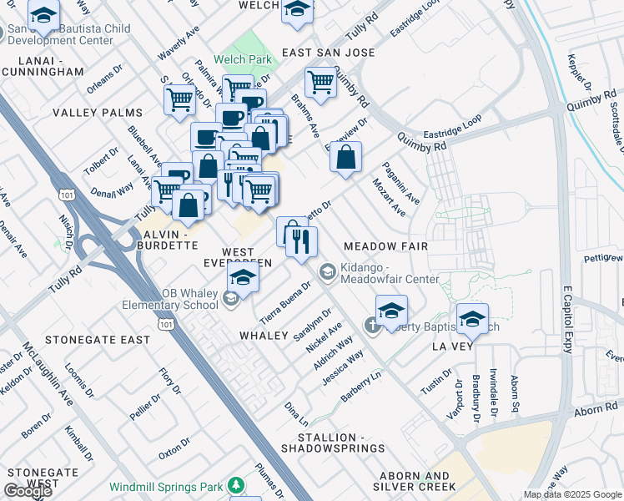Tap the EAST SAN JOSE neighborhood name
click(x=328, y=53)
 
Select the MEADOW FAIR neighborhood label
click(x=385, y=246)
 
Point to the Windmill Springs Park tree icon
click(x=237, y=485)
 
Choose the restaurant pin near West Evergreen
click(x=301, y=242)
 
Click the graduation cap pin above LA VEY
click(x=472, y=319)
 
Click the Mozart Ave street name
click(x=389, y=198)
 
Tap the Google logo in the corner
click(x=28, y=491)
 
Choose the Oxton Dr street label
click(x=174, y=450)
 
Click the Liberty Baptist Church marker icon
click(x=372, y=325)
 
